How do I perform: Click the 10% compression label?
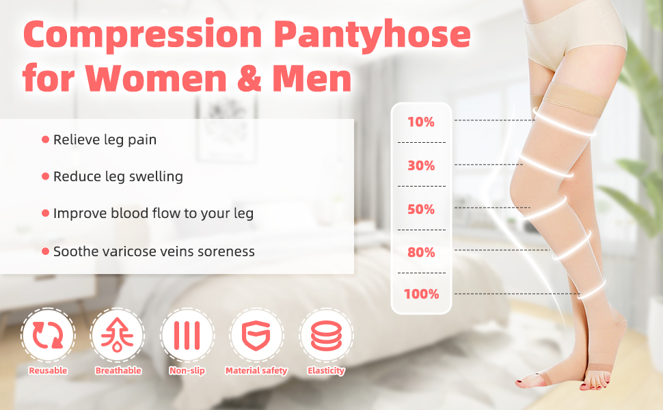tap(421, 122)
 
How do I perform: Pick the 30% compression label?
tap(421, 165)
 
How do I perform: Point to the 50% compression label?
tap(421, 209)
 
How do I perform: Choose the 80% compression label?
tap(421, 252)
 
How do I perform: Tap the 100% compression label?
tap(422, 294)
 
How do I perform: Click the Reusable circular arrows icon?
tap(48, 335)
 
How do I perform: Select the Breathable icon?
tap(117, 336)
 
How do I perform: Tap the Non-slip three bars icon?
tap(187, 336)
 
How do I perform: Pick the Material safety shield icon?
tap(256, 336)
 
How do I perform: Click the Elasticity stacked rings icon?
tap(326, 336)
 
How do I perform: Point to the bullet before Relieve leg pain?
tap(46, 139)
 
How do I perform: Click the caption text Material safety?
tap(256, 370)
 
